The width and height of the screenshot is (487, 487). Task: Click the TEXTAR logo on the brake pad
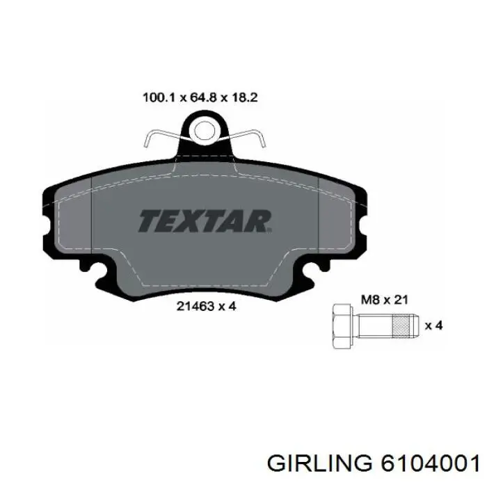tap(205, 221)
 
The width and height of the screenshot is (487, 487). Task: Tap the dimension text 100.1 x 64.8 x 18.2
tap(200, 98)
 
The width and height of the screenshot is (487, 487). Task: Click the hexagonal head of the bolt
tap(342, 326)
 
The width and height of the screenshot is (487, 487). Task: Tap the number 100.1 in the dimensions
tap(156, 98)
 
